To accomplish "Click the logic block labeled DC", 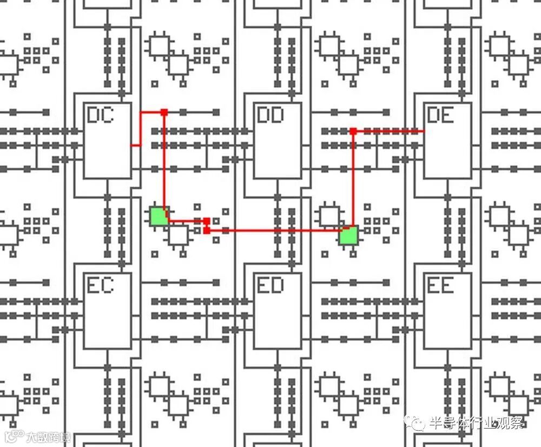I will [108, 141].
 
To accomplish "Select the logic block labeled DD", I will [278, 141].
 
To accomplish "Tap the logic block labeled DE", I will [447, 141].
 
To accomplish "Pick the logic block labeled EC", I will [108, 311].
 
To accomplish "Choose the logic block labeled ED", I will [278, 311].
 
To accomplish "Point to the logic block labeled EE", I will [447, 311].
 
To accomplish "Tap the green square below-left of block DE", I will [348, 235].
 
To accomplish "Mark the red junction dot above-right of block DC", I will [164, 112].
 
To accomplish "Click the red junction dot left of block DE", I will [353, 131].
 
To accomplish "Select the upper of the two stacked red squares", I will [207, 221].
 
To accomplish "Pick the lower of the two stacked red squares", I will [207, 231].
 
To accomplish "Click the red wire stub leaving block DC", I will [136, 145].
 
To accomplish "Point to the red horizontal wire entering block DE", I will [390, 131].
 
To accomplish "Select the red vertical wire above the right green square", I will [353, 179].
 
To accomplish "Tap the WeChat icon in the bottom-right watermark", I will [417, 423].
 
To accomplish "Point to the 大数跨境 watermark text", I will [48, 437].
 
